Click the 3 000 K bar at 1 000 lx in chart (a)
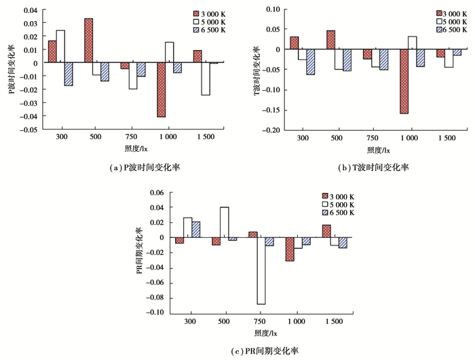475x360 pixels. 161,89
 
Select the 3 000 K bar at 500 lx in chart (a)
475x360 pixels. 89,40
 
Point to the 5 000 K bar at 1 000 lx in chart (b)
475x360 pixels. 413,43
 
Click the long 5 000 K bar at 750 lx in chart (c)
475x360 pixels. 261,271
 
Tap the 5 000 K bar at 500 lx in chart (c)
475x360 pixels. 225,222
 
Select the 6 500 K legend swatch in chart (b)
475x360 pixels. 439,31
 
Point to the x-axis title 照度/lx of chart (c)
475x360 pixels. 261,333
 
